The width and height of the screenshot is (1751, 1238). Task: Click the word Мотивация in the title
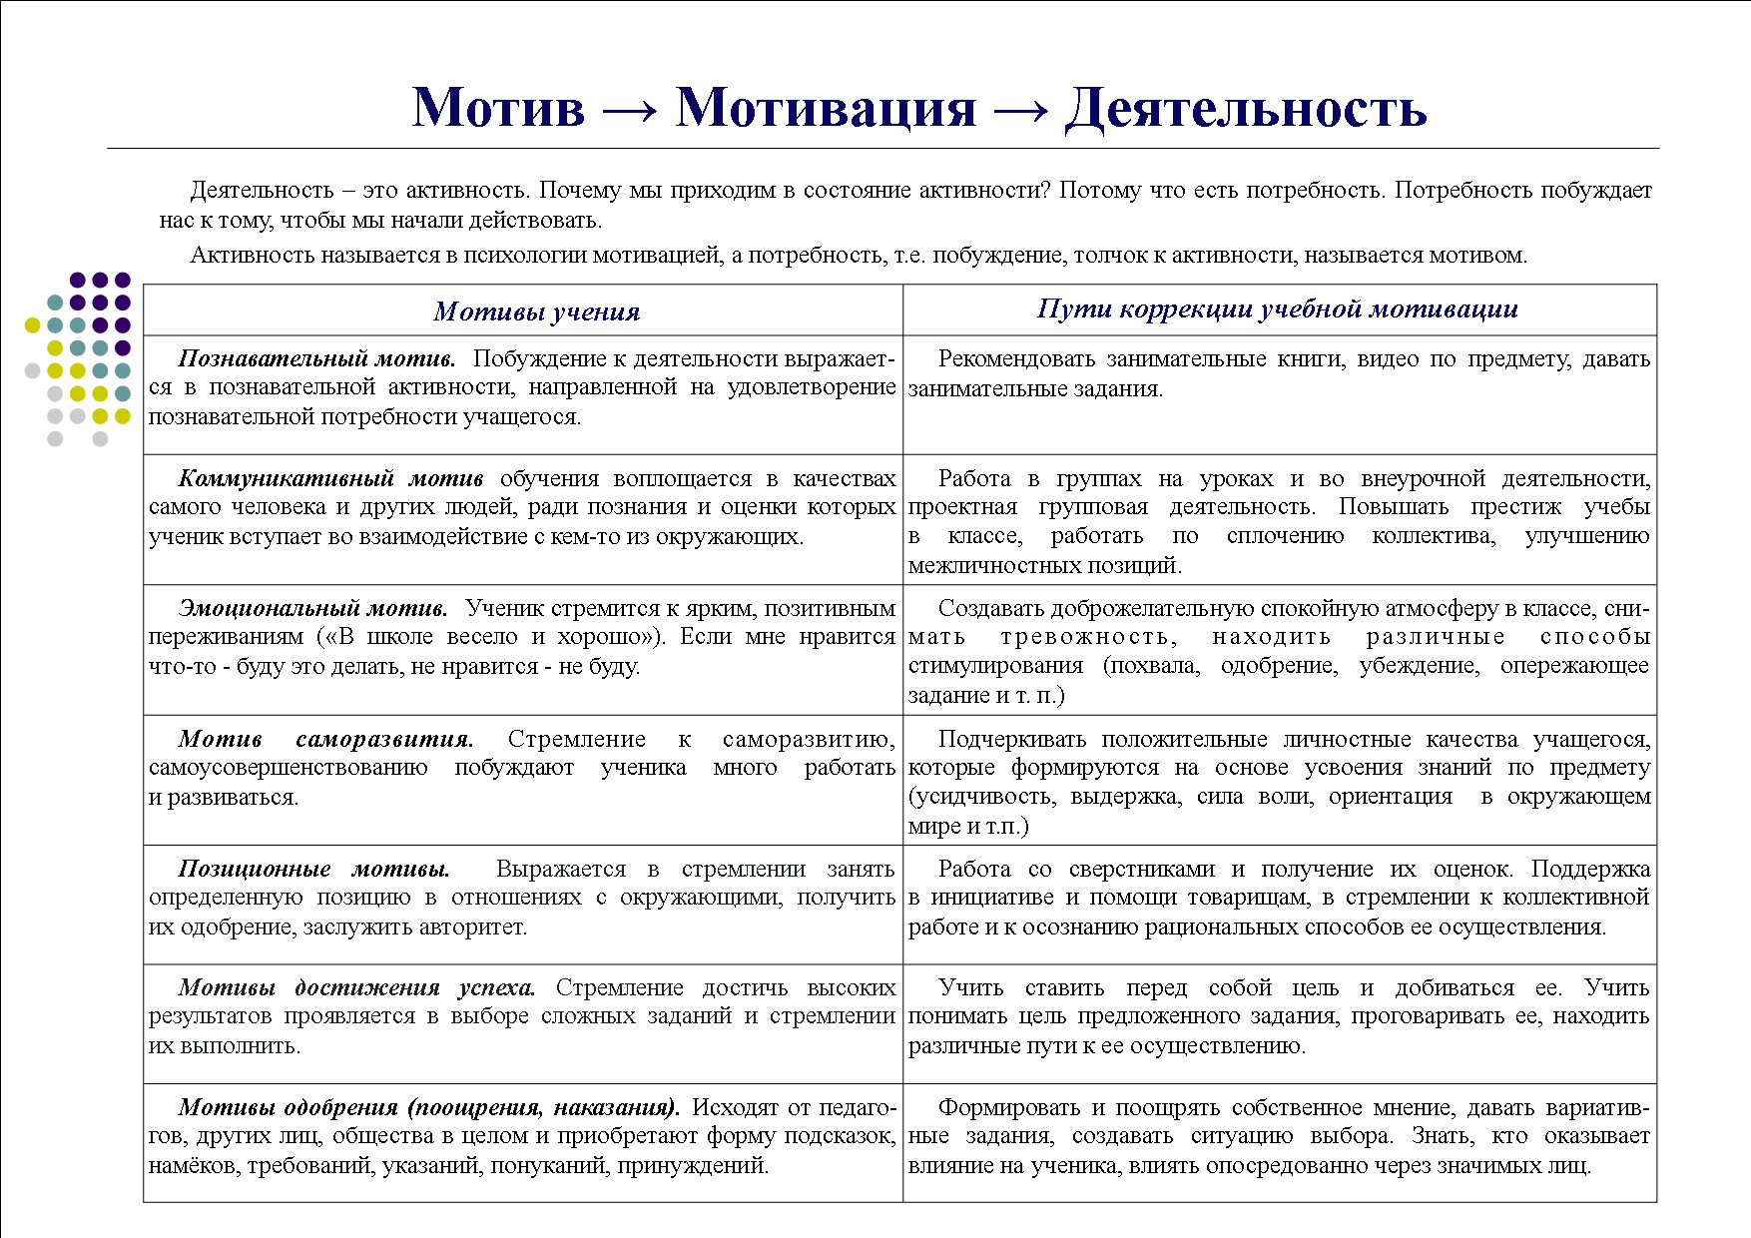tap(826, 108)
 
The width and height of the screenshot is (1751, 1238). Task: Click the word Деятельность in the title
tap(1245, 108)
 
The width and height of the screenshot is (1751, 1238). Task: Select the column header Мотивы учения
tap(536, 311)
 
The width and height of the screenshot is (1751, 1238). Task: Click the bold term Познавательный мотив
tap(316, 358)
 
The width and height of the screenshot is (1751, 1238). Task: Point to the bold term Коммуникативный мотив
tap(330, 478)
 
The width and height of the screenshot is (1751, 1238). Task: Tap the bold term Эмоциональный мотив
tap(312, 608)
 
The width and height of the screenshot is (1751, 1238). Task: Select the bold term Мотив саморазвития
tap(325, 739)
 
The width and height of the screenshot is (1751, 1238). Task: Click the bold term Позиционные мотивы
tap(313, 869)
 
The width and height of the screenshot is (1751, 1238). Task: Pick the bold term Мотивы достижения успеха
tap(356, 987)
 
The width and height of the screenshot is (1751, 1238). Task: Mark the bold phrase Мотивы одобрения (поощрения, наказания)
tap(428, 1107)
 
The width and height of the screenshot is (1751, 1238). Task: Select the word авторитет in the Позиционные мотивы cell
tap(475, 927)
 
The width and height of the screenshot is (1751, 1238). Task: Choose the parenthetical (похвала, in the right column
tap(1151, 666)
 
